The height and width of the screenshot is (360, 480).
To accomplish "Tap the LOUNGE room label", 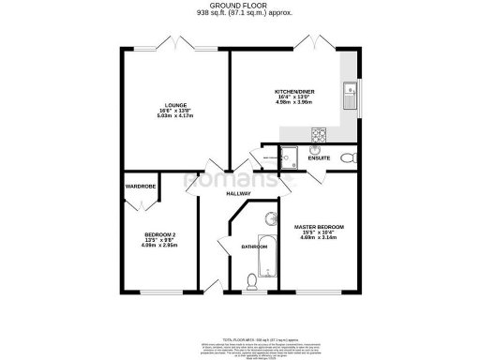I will click(x=175, y=105).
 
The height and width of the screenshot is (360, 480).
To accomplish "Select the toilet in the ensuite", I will click(x=349, y=158).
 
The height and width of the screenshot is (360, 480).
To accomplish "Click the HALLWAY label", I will click(x=238, y=194).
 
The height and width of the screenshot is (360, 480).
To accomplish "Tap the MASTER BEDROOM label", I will click(x=320, y=228).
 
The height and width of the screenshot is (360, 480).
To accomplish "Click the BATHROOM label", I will click(x=254, y=247).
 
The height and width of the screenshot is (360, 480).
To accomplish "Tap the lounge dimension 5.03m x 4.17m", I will click(x=175, y=116).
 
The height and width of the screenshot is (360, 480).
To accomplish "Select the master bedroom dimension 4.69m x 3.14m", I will click(x=320, y=239).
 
